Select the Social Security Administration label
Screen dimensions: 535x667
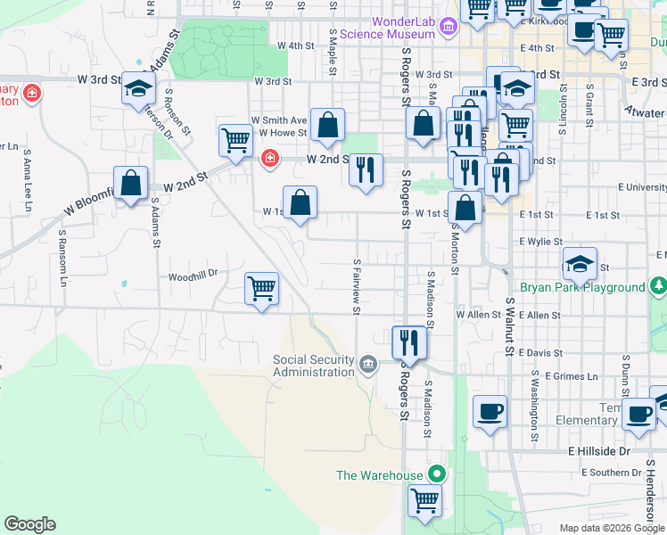(313, 366)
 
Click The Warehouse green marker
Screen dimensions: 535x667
(436, 473)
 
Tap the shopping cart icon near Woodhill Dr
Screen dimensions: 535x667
(262, 288)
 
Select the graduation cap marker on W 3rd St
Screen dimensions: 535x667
(139, 87)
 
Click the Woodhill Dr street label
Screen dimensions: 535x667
(193, 277)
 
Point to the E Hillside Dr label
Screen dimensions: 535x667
(599, 452)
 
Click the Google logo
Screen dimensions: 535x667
(29, 524)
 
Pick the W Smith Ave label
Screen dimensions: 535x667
(279, 119)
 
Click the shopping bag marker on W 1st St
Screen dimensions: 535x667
(301, 201)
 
